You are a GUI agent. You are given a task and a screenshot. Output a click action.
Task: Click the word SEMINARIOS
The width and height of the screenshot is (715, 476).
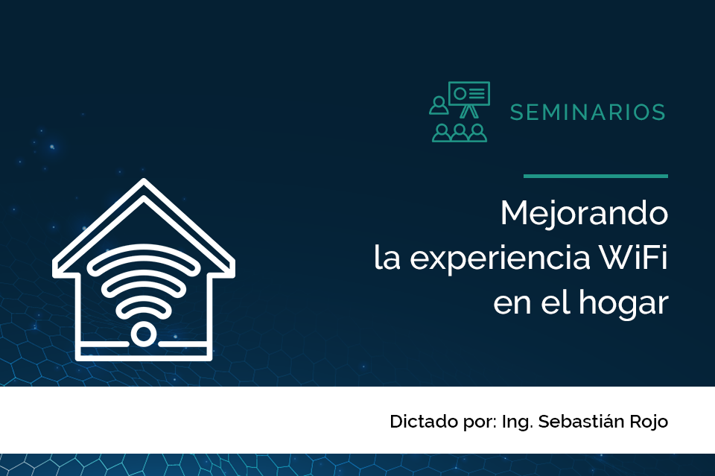click(588, 112)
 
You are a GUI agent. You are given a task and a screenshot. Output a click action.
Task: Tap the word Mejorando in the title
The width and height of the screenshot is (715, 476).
click(584, 213)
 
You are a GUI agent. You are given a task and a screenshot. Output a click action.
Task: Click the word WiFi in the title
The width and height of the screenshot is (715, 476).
click(633, 258)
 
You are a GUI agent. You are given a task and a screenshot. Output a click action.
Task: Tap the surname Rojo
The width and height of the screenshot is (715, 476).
click(649, 422)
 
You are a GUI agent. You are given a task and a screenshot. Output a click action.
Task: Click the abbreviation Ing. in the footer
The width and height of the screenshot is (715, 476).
click(517, 422)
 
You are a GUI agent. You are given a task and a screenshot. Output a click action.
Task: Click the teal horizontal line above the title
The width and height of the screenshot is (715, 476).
click(596, 176)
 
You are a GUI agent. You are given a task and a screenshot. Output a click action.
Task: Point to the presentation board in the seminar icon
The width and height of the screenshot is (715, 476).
click(469, 93)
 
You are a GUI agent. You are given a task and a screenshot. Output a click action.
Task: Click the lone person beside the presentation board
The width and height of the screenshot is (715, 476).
click(439, 105)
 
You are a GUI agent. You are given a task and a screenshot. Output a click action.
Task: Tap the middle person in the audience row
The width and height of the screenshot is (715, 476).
click(460, 133)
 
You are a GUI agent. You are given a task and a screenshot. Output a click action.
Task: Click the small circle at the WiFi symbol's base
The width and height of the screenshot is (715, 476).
click(143, 334)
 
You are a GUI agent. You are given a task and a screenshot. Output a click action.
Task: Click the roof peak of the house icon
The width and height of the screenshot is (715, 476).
click(144, 180)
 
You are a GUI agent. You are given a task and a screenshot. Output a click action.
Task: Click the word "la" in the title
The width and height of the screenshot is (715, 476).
click(387, 258)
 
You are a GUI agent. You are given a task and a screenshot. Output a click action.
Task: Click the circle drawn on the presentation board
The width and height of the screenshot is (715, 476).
click(460, 93)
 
